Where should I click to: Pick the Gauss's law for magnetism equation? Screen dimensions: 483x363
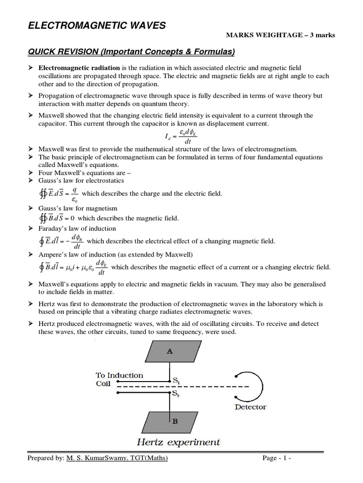(x=56, y=218)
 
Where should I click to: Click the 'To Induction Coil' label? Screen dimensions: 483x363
(x=119, y=379)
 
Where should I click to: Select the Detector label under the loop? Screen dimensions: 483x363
(x=251, y=407)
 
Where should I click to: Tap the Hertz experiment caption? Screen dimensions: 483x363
(x=178, y=442)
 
